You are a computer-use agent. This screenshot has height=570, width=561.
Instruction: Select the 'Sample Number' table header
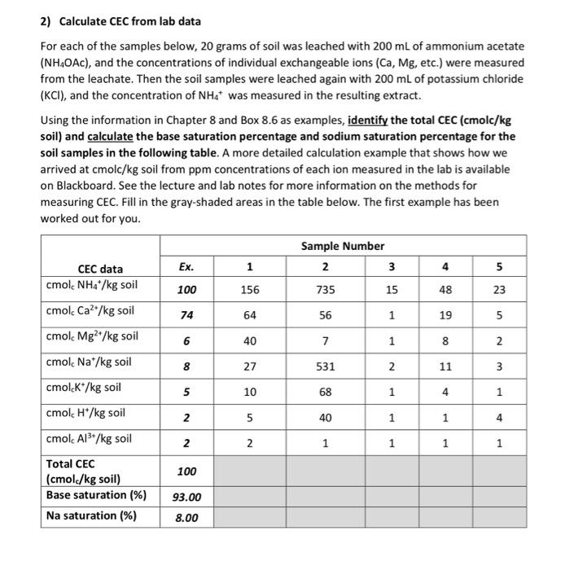pyautogui.click(x=342, y=246)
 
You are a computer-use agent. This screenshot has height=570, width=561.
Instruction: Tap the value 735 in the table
pyautogui.click(x=325, y=288)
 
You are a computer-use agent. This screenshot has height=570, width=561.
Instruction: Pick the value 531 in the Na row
pyautogui.click(x=325, y=366)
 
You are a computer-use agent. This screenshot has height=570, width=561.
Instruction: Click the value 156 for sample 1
pyautogui.click(x=249, y=288)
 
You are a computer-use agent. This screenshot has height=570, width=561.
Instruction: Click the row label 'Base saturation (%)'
pyautogui.click(x=96, y=495)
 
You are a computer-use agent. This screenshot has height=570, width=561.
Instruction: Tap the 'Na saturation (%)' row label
pyautogui.click(x=90, y=515)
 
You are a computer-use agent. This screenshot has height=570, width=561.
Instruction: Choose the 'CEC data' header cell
pyautogui.click(x=100, y=269)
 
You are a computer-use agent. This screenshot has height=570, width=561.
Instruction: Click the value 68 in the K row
pyautogui.click(x=325, y=392)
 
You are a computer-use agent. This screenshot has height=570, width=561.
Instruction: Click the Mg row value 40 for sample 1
pyautogui.click(x=249, y=340)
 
